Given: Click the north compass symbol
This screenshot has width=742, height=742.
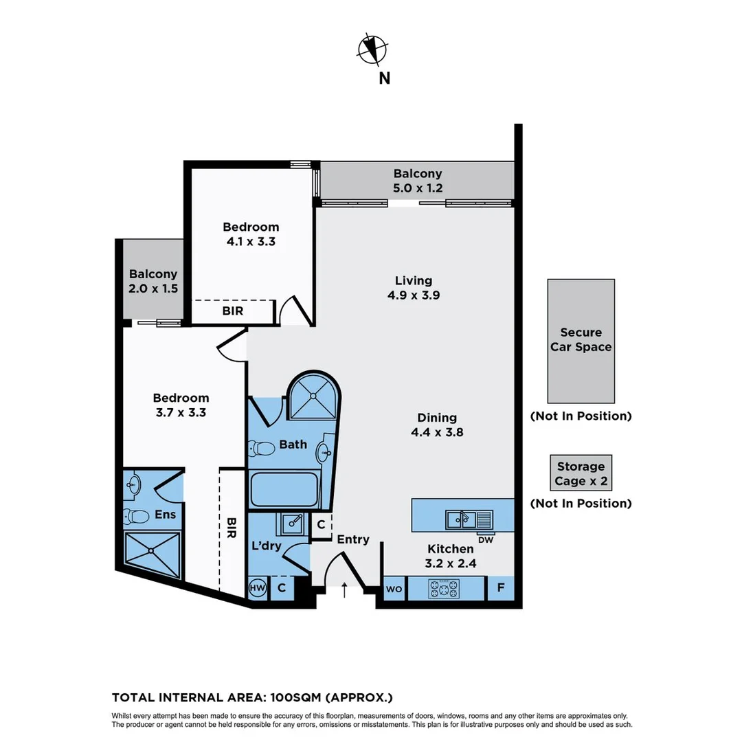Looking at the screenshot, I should point(372,49).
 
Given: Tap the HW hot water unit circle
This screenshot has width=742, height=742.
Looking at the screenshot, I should point(258,588).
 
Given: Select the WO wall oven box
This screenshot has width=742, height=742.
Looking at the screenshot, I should point(394,589).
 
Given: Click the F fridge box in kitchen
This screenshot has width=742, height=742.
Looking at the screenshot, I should point(499,588).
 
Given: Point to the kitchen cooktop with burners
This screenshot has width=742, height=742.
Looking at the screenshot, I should point(444,588).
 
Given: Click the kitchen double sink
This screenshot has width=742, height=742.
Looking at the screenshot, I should point(469,519).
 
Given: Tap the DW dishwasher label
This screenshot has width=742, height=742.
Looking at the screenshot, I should point(486,539).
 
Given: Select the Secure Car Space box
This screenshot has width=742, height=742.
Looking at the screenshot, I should point(581,341).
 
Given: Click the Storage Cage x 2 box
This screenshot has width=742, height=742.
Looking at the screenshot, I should point(581,473).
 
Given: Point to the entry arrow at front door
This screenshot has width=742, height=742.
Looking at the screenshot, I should point(344,589).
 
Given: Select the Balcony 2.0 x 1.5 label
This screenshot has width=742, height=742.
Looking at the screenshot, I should point(153,281).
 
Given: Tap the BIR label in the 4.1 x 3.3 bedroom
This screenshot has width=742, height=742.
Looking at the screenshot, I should point(232,311).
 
